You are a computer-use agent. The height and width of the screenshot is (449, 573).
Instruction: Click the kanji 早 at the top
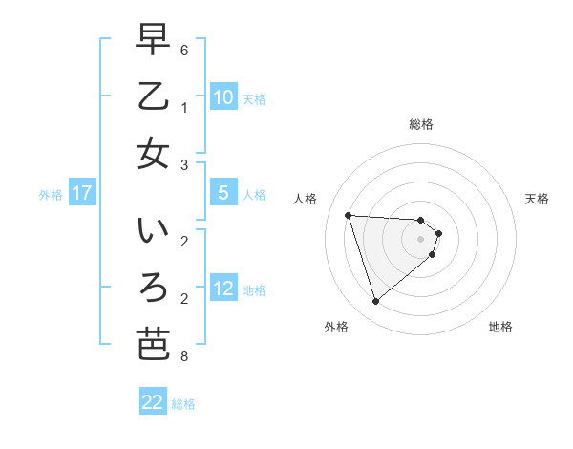pyautogui.click(x=153, y=41)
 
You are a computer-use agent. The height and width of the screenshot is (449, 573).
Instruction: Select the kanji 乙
pyautogui.click(x=153, y=96)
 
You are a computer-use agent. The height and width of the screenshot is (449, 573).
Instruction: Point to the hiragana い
pyautogui.click(x=153, y=232)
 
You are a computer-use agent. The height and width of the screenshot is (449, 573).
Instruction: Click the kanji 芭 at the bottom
pyautogui.click(x=153, y=343)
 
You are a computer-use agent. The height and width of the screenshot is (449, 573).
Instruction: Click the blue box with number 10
pyautogui.click(x=223, y=97)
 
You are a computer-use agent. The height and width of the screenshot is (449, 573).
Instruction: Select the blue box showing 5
pyautogui.click(x=223, y=193)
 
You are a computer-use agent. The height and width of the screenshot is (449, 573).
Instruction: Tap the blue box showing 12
pyautogui.click(x=223, y=289)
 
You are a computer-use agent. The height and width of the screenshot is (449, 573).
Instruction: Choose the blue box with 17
pyautogui.click(x=82, y=193)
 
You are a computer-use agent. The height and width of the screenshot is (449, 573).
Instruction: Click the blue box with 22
pyautogui.click(x=153, y=402)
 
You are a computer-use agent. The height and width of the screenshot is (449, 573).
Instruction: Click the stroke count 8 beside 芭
pyautogui.click(x=184, y=357)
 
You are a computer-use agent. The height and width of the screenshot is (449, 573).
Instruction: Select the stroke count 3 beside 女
pyautogui.click(x=184, y=165)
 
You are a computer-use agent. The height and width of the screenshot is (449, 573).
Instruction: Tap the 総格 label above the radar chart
pyautogui.click(x=421, y=124)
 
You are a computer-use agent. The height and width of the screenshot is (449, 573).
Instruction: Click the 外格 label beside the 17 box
pyautogui.click(x=51, y=194)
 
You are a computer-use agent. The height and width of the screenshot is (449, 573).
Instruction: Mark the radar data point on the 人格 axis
pyautogui.click(x=349, y=215)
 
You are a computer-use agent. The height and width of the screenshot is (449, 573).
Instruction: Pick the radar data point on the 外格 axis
pyautogui.click(x=375, y=302)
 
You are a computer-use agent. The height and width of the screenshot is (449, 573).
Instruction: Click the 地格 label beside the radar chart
pyautogui.click(x=500, y=327)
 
